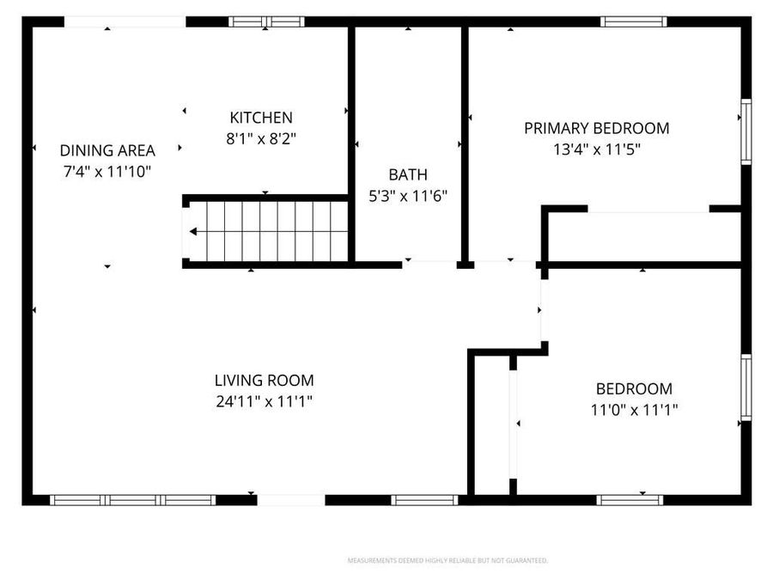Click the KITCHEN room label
click(261, 118)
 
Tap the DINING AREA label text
click(107, 150)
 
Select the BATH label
click(407, 174)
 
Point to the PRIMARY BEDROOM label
click(597, 128)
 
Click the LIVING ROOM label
click(264, 380)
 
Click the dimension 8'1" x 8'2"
click(261, 137)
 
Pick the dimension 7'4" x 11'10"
click(107, 171)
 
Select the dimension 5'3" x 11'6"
click(407, 195)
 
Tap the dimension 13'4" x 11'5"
click(597, 149)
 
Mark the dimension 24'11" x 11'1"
click(264, 400)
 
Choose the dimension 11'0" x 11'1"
click(634, 410)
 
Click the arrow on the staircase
click(194, 231)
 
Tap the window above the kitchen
click(266, 21)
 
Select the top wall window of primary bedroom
click(634, 21)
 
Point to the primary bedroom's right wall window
click(746, 131)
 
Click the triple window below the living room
click(132, 499)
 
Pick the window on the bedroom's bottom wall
click(630, 499)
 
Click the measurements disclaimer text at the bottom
click(447, 560)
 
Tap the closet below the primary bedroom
click(644, 236)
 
